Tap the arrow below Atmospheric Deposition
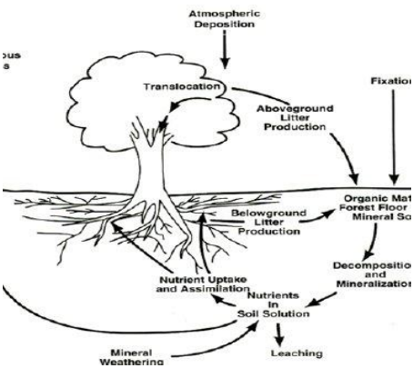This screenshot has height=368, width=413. click(224, 55)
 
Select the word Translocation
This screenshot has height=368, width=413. click(182, 87)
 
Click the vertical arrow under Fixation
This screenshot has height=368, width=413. click(393, 136)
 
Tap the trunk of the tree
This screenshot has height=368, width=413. click(146, 164)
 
